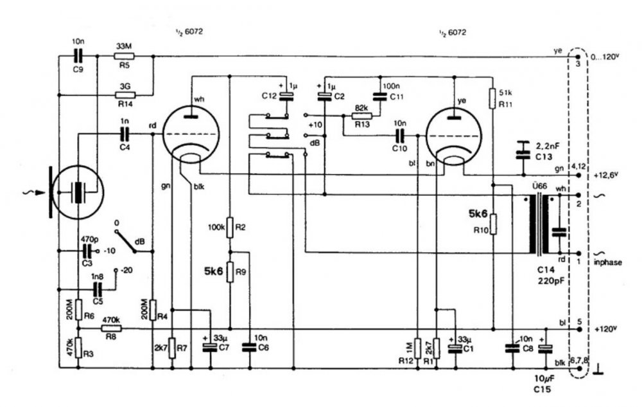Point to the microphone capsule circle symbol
[x=78, y=192]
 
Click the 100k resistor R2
[x=230, y=227]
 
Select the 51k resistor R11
[x=492, y=98]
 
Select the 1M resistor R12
[x=417, y=348]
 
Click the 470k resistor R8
[x=112, y=329]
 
